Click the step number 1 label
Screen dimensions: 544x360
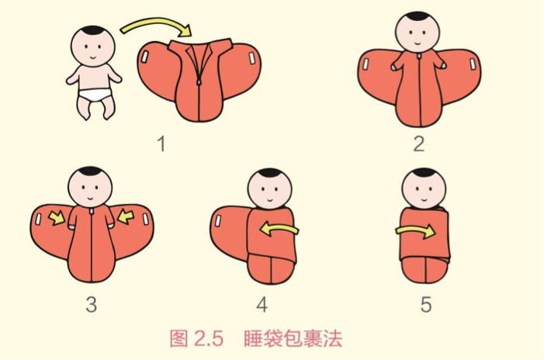pyautogui.click(x=161, y=144)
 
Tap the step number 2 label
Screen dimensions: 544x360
pyautogui.click(x=419, y=144)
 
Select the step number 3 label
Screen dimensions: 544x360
pyautogui.click(x=92, y=304)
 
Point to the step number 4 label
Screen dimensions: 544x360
pyautogui.click(x=262, y=304)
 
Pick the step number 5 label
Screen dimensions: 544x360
pyautogui.click(x=426, y=304)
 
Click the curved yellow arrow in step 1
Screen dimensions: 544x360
pyautogui.click(x=156, y=23)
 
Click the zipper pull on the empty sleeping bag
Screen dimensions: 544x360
pyautogui.click(x=199, y=81)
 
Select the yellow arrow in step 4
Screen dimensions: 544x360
pyautogui.click(x=279, y=229)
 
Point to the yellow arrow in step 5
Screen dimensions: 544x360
pyautogui.click(x=415, y=231)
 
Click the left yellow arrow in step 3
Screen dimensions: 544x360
pyautogui.click(x=57, y=218)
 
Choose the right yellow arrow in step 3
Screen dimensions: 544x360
pyautogui.click(x=125, y=216)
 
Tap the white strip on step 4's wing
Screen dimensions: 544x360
pyautogui.click(x=218, y=220)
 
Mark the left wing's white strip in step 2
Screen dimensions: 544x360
pyautogui.click(x=366, y=64)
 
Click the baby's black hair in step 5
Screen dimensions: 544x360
pyautogui.click(x=424, y=172)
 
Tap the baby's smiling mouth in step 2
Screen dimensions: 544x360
pyautogui.click(x=418, y=43)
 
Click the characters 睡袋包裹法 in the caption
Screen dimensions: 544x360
pyautogui.click(x=293, y=338)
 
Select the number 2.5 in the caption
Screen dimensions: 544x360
pyautogui.click(x=209, y=338)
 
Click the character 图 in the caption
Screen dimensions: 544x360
pyautogui.click(x=178, y=338)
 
